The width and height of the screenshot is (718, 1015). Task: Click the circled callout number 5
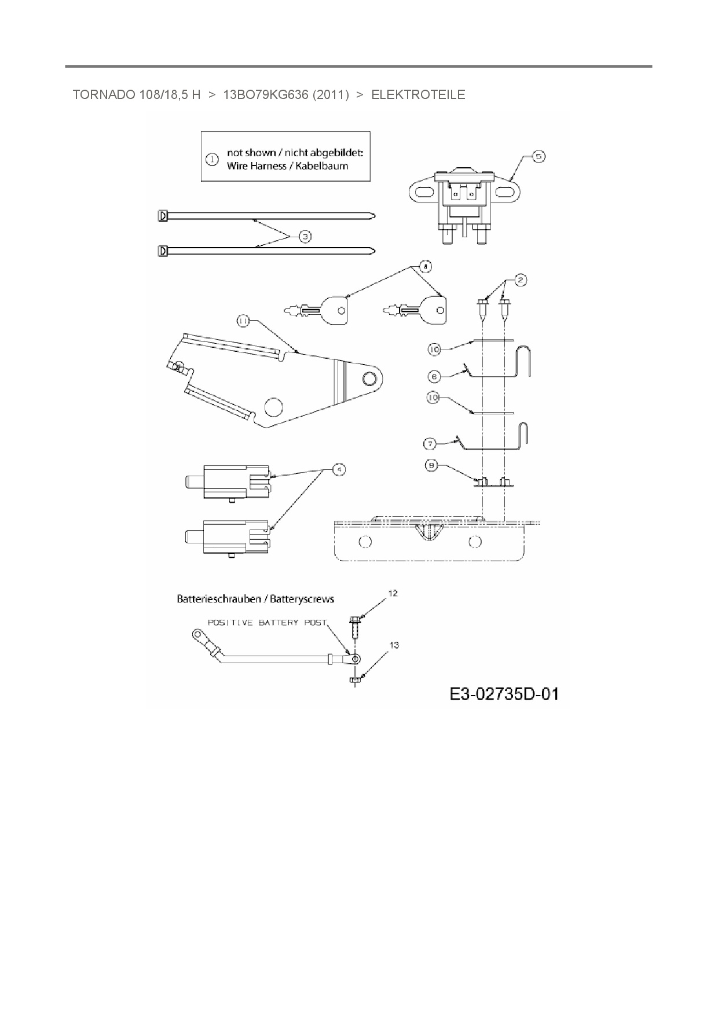click(x=538, y=156)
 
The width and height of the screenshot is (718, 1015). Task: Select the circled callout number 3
click(x=305, y=236)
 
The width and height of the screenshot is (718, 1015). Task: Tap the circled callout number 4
click(x=339, y=469)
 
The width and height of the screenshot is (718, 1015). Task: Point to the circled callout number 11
click(x=243, y=320)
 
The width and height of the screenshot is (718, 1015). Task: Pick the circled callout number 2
click(x=521, y=280)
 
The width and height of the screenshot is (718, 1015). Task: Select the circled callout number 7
click(x=430, y=444)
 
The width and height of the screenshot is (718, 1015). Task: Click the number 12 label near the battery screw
click(x=393, y=593)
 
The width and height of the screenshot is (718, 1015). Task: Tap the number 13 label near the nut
click(x=394, y=645)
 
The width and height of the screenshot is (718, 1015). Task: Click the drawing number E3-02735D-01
click(x=504, y=694)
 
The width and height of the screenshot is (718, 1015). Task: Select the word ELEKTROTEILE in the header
click(x=418, y=95)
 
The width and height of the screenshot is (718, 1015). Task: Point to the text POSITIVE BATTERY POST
click(x=267, y=623)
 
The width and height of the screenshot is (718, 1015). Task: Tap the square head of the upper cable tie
click(x=163, y=216)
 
